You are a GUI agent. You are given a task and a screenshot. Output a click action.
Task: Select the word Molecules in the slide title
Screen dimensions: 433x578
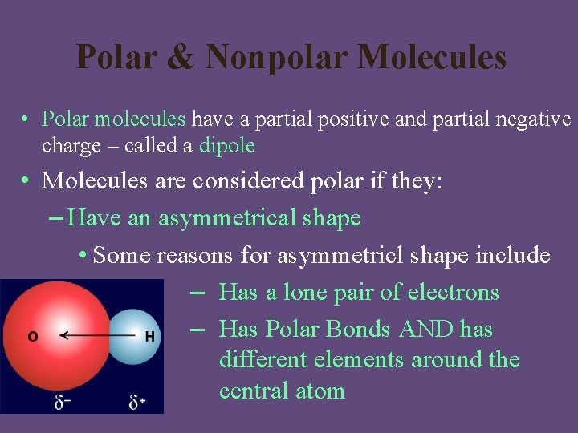[x=432, y=58]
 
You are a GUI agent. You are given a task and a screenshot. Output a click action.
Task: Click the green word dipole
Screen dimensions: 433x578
[x=227, y=146]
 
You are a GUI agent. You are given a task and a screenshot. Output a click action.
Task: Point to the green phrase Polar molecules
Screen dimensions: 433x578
[x=113, y=119]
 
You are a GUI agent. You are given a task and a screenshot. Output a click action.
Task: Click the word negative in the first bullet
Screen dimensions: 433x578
[x=531, y=119]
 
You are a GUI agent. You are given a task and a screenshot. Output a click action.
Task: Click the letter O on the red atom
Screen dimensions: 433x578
[x=33, y=337]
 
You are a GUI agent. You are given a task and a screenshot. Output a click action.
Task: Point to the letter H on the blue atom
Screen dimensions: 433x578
[x=149, y=337]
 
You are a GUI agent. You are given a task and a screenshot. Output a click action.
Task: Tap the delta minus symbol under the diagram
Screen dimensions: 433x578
[x=61, y=402]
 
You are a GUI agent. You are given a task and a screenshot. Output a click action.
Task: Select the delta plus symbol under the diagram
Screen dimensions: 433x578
[x=137, y=402]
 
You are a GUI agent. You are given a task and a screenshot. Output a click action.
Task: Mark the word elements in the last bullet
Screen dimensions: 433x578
[x=358, y=359]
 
